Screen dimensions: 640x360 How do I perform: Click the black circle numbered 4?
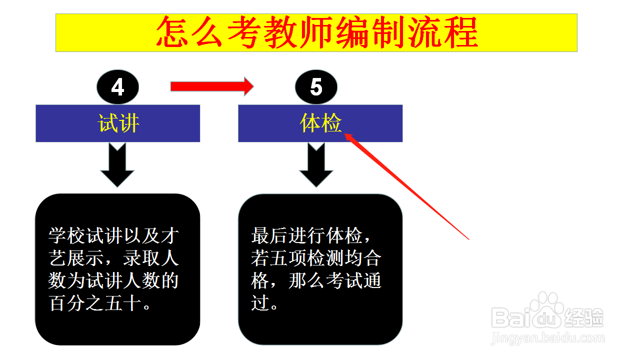(x=117, y=87)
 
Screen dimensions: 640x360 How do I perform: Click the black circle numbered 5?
(x=316, y=87)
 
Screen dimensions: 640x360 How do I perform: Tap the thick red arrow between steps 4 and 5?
(x=212, y=86)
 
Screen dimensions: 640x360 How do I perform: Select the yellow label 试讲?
(x=118, y=123)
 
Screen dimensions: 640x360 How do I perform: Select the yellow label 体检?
(x=320, y=123)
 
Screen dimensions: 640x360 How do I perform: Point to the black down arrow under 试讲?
(x=117, y=165)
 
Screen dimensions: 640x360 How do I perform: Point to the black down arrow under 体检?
(x=316, y=165)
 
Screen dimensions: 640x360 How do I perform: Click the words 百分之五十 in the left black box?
(x=95, y=303)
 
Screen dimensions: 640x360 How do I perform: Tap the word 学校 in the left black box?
(x=67, y=235)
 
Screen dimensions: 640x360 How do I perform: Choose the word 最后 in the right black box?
(x=269, y=235)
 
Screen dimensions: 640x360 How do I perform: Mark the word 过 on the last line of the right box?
(x=260, y=303)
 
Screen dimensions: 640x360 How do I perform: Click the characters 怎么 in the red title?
(x=189, y=31)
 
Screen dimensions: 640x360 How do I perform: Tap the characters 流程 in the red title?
(x=443, y=31)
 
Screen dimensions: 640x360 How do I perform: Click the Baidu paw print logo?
(x=547, y=308)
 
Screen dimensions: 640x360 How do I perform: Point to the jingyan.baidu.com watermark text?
(x=548, y=338)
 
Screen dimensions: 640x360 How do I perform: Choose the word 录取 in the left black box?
(x=141, y=258)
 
